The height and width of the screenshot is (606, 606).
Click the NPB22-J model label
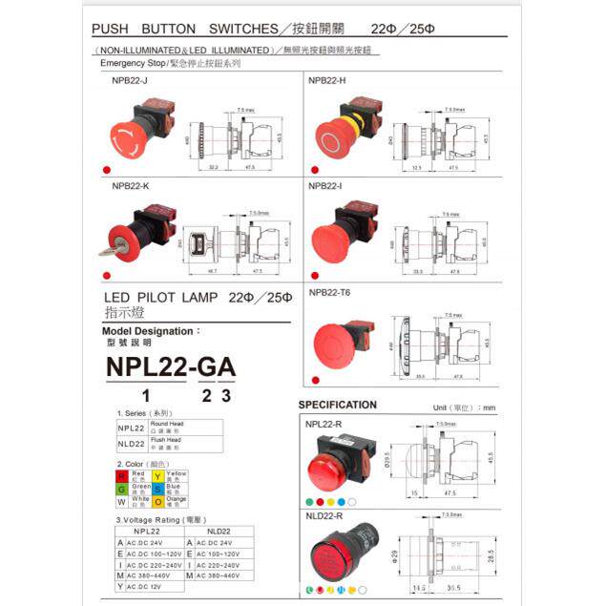pos(130,82)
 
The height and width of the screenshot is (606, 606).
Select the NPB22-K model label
pos(131,185)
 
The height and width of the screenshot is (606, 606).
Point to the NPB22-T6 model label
pos(329,292)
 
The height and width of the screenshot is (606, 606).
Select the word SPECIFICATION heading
pos(337,405)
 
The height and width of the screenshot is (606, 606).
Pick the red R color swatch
pos(121,475)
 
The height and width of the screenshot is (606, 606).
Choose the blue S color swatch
pos(157,488)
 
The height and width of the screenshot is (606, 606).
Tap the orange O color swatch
pos(157,501)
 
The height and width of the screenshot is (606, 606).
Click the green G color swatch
pos(121,488)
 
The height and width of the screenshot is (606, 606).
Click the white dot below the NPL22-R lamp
pos(352,500)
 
